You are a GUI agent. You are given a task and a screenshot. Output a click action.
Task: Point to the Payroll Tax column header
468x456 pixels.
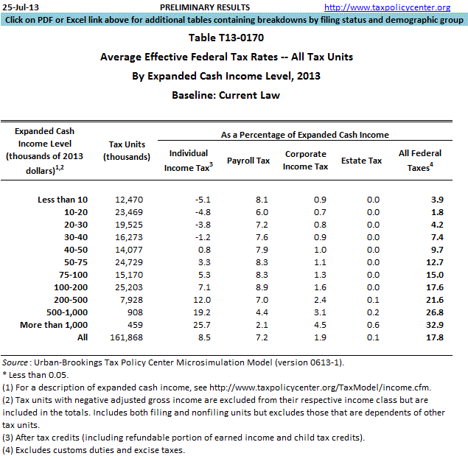pyautogui.click(x=248, y=160)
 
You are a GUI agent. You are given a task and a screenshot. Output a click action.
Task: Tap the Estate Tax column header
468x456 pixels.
pyautogui.click(x=361, y=160)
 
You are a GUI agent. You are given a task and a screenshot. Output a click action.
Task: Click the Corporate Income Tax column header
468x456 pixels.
pyautogui.click(x=306, y=160)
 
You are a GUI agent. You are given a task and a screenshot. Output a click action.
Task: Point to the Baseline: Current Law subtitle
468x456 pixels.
pyautogui.click(x=226, y=95)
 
